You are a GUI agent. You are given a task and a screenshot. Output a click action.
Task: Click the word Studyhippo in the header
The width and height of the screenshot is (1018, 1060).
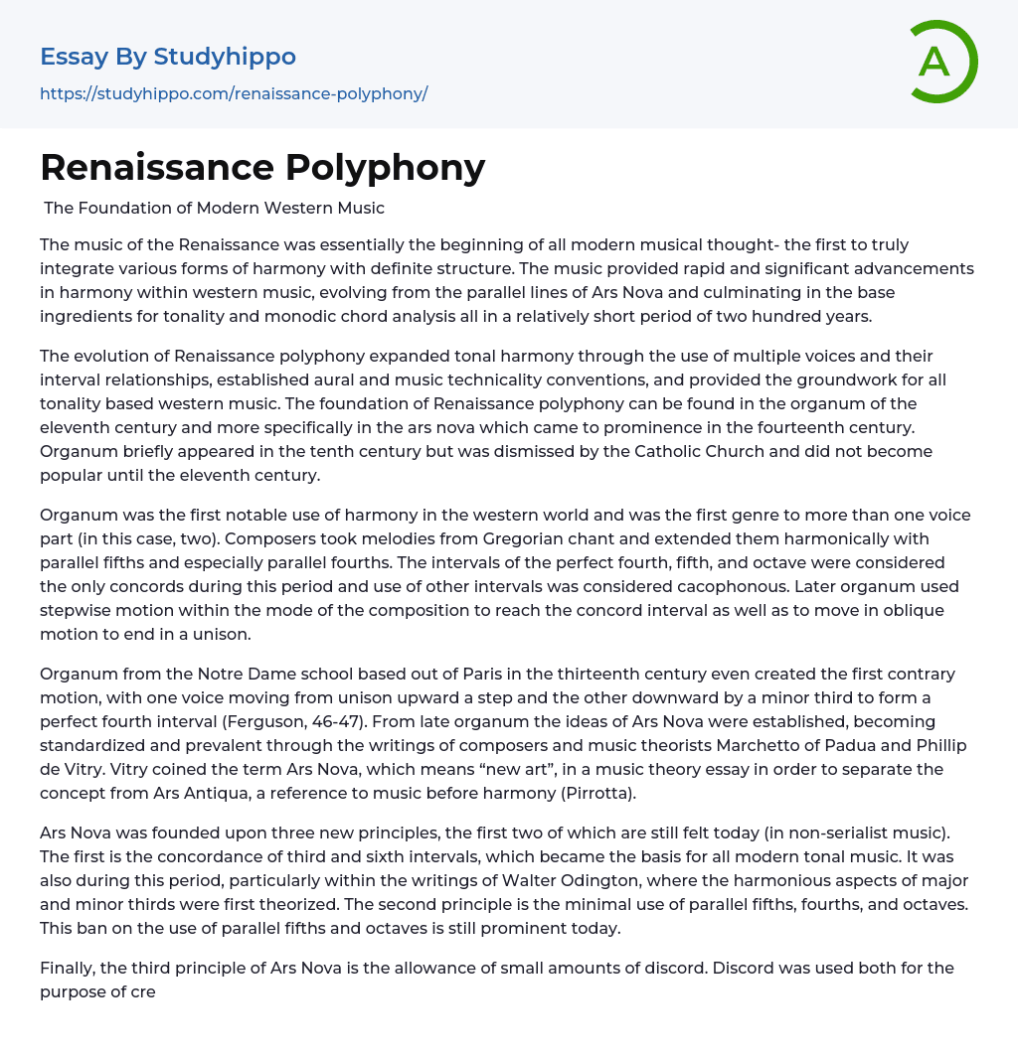pyautogui.click(x=225, y=57)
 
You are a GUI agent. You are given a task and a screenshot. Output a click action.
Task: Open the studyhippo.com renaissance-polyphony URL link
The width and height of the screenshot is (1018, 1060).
pyautogui.click(x=234, y=94)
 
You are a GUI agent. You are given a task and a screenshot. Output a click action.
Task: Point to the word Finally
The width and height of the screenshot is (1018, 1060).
pyautogui.click(x=70, y=968)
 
